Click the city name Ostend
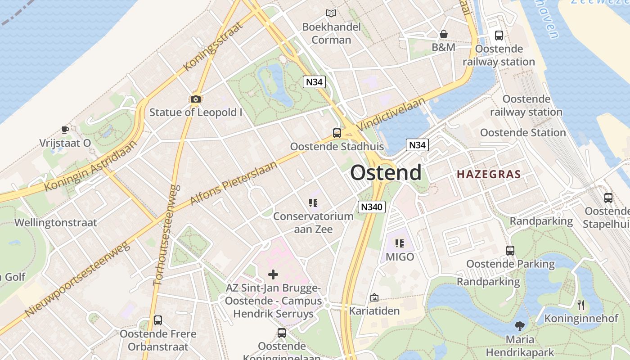(386, 173)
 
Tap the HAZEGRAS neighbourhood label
(489, 175)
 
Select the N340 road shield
(372, 207)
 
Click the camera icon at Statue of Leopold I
(195, 99)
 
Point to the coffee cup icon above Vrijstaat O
(65, 130)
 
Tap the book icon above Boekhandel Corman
(331, 13)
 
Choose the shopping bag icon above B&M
(444, 34)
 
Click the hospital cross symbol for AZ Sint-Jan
(273, 274)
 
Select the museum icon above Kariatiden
(374, 297)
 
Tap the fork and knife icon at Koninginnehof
(581, 305)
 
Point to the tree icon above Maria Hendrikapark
(520, 326)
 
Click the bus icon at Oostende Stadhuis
(337, 133)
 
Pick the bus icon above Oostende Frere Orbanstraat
(158, 320)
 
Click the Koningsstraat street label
(213, 46)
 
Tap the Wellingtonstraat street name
(56, 223)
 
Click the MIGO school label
(400, 257)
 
